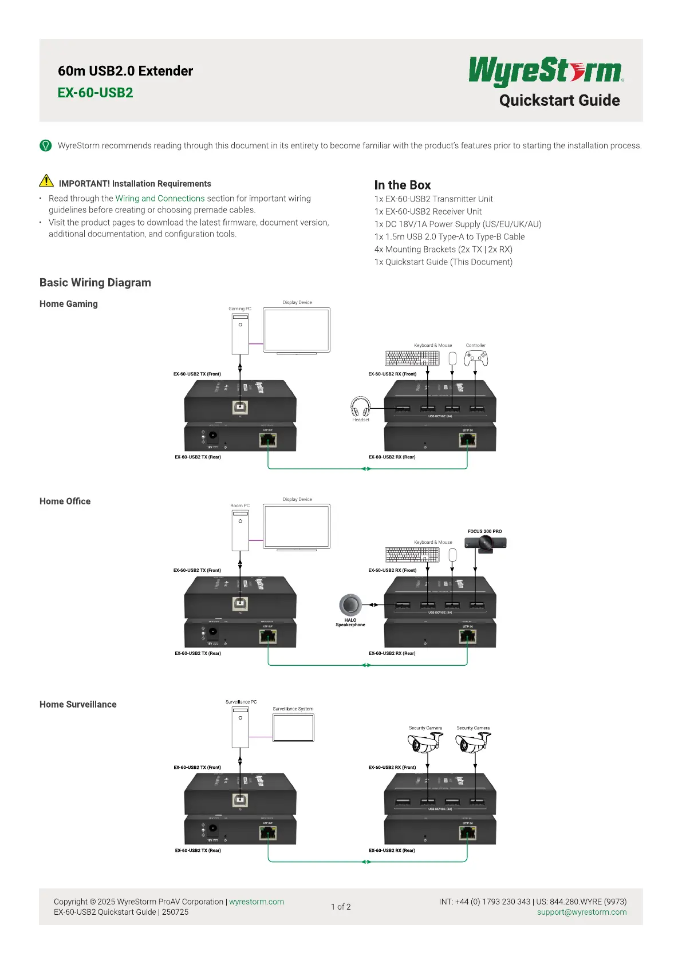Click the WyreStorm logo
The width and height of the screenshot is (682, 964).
(546, 71)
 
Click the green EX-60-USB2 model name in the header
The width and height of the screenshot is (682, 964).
(95, 93)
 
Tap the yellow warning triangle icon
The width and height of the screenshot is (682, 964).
(46, 181)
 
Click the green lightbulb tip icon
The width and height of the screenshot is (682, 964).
(46, 145)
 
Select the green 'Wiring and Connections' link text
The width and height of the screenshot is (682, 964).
(160, 199)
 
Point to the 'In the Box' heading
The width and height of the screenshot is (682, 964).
(402, 185)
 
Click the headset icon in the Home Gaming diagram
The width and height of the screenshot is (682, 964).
(360, 407)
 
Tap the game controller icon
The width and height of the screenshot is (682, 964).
(476, 358)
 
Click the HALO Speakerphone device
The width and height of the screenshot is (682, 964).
(350, 605)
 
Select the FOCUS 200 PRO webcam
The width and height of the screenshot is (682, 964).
(486, 544)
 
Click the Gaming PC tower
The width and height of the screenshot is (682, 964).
(240, 334)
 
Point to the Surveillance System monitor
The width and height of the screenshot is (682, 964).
(293, 728)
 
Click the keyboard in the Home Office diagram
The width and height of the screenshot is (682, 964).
(412, 555)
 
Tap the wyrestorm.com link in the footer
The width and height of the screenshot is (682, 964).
(257, 902)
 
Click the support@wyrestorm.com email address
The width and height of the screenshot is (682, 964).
(581, 912)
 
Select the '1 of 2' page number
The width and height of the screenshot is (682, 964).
(341, 907)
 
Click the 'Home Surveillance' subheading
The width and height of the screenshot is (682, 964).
(78, 704)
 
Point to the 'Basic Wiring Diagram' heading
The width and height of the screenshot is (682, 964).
(95, 283)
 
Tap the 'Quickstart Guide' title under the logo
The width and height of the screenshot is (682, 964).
(559, 101)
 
